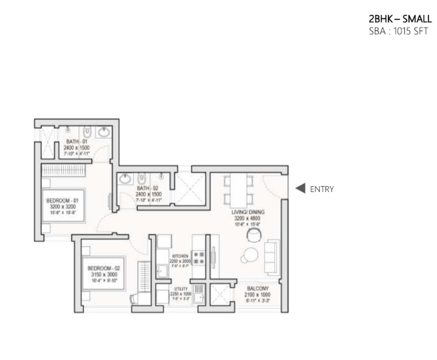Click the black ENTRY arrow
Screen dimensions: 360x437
click(x=301, y=189)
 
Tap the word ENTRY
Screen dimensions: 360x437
click(x=321, y=189)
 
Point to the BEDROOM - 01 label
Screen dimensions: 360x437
click(x=63, y=200)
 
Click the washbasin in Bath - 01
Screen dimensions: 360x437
click(x=104, y=133)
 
